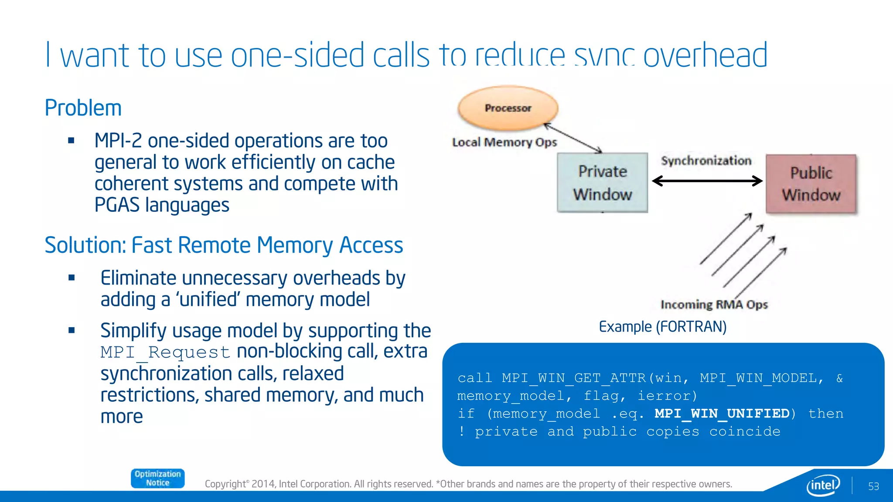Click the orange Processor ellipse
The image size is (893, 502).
pyautogui.click(x=508, y=108)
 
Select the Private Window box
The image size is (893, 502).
pyautogui.click(x=602, y=183)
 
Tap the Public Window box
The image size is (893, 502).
pyautogui.click(x=811, y=184)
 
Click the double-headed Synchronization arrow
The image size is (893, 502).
pyautogui.click(x=707, y=181)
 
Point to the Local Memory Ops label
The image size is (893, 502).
pyautogui.click(x=504, y=142)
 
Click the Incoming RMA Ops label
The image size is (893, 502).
pyautogui.click(x=714, y=304)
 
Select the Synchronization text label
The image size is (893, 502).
pyautogui.click(x=706, y=161)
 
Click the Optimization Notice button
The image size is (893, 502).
pyautogui.click(x=157, y=478)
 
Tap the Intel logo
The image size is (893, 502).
pyautogui.click(x=823, y=485)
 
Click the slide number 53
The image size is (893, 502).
pyautogui.click(x=873, y=486)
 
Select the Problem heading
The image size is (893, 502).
pyautogui.click(x=83, y=108)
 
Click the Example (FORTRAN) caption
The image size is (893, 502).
pyautogui.click(x=662, y=326)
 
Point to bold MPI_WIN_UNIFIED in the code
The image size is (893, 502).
pyautogui.click(x=722, y=414)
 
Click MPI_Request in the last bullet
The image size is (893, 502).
pyautogui.click(x=165, y=352)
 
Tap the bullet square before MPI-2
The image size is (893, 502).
pyautogui.click(x=72, y=141)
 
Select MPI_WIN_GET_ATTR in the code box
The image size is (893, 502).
pyautogui.click(x=574, y=378)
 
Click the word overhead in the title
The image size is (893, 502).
pyautogui.click(x=705, y=55)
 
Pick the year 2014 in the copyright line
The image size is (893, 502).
pyautogui.click(x=263, y=484)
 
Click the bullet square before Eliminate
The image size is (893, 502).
pyautogui.click(x=72, y=278)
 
